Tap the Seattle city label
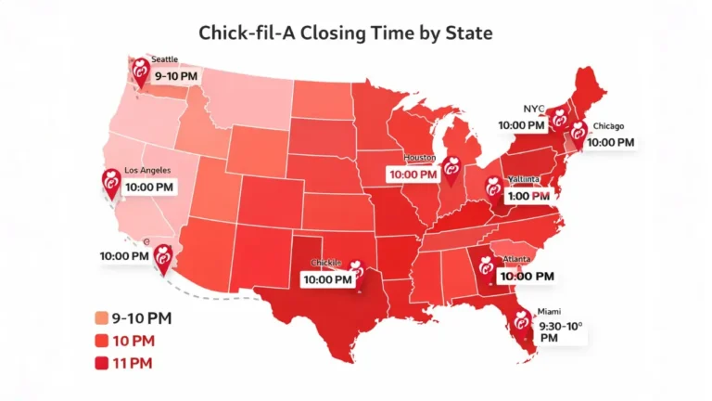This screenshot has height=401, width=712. (x=165, y=58)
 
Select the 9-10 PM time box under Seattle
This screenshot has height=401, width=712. (x=175, y=74)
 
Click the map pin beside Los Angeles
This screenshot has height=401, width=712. (x=111, y=184)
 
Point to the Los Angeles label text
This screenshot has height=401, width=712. (x=147, y=172)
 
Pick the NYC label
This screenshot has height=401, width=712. (x=535, y=108)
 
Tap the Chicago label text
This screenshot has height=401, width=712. (x=609, y=125)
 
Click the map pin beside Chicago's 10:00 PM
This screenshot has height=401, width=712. (x=578, y=136)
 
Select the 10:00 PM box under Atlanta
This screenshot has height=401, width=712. (x=527, y=276)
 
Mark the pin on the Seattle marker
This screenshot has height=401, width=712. (x=141, y=71)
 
